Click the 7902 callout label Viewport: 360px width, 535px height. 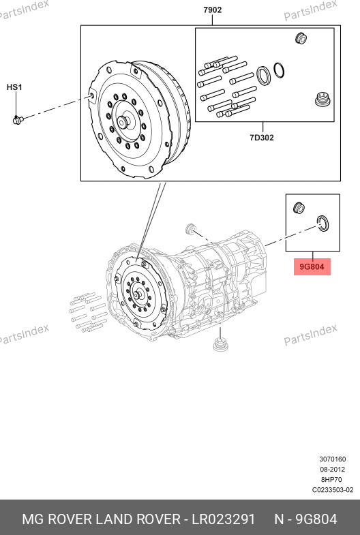212,10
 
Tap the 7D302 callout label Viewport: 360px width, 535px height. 262,138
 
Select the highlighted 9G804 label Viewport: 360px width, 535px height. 312,266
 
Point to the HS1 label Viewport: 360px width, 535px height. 14,87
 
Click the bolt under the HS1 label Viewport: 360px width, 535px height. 18,120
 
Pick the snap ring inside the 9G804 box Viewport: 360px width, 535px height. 322,224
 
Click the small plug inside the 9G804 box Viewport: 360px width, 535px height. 299,208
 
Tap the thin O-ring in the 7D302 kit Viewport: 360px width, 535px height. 279,70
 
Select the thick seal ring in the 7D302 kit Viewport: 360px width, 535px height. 263,76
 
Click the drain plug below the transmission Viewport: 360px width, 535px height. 220,344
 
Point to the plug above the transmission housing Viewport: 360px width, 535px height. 190,228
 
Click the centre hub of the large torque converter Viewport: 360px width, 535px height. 123,122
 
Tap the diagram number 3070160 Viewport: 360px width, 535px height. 332,459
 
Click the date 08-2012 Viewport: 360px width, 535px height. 332,470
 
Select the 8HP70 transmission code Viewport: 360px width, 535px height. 331,480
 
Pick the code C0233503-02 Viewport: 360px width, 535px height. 333,490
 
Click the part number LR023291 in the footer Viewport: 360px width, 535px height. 224,519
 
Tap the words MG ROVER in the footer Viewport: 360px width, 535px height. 57,519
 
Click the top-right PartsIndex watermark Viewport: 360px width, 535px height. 310,10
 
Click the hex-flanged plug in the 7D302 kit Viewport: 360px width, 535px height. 322,100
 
